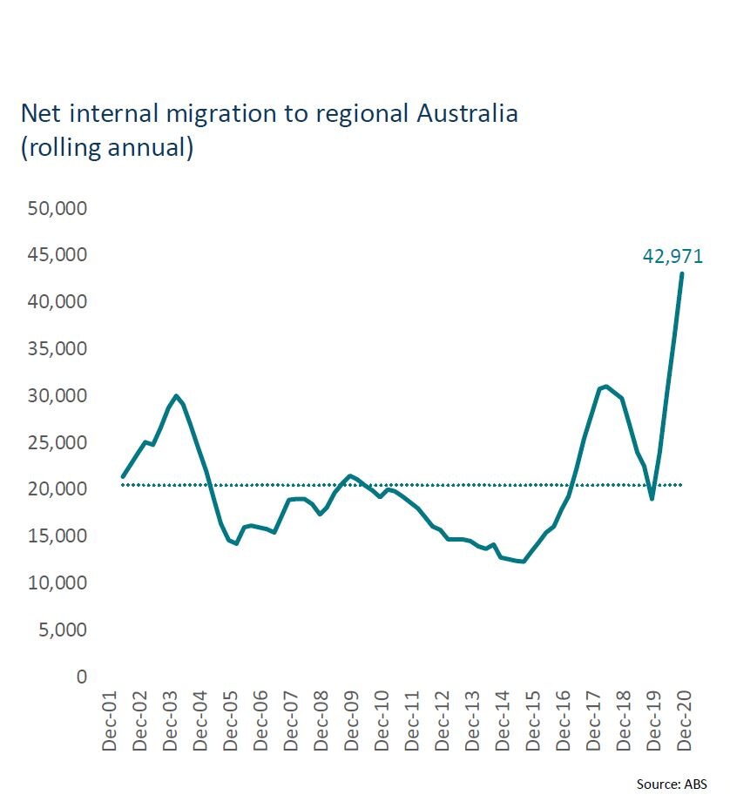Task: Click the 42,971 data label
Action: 673,256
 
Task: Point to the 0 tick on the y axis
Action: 81,677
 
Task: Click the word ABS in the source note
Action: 695,784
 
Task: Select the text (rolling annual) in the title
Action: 106,147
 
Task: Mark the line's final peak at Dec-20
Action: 681,273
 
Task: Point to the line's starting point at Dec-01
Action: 123,476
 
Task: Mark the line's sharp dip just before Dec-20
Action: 652,498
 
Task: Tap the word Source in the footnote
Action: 657,784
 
